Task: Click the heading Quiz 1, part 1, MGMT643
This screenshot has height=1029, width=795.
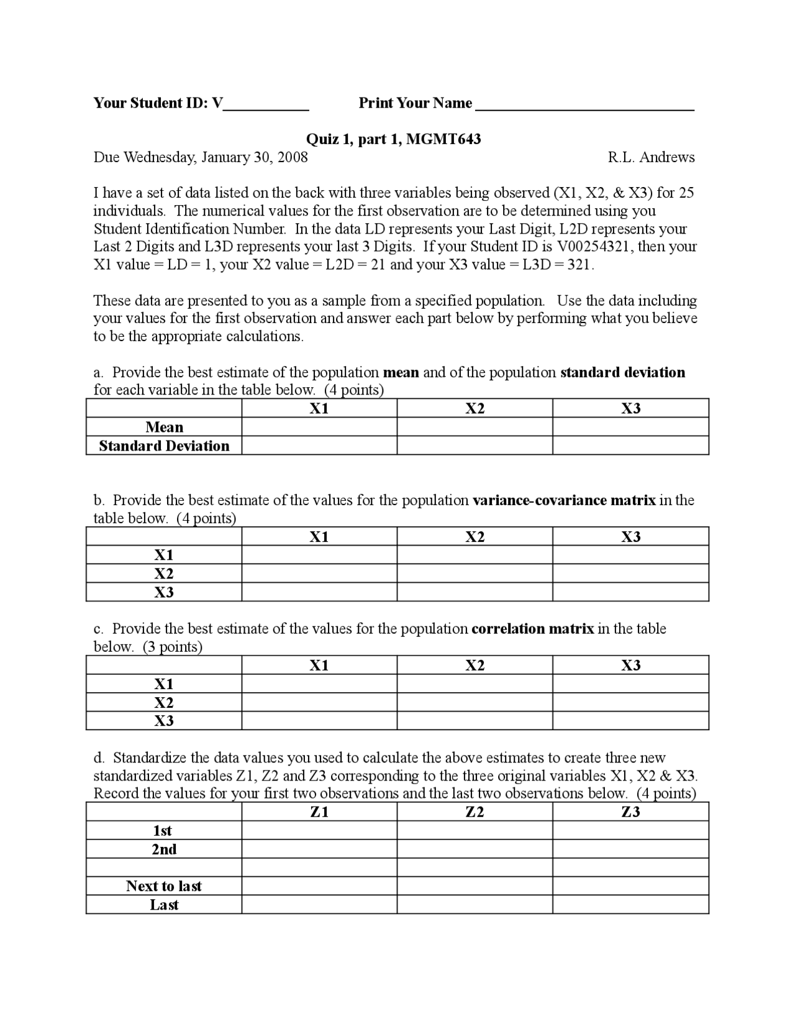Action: [x=394, y=139]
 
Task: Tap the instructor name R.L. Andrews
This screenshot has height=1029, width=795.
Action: [x=651, y=157]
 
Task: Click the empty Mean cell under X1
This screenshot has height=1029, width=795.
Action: [x=319, y=427]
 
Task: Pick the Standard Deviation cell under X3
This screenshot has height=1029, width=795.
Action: [x=630, y=446]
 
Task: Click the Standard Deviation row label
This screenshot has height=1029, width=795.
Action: [x=164, y=446]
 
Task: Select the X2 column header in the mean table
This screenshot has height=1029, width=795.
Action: [x=475, y=408]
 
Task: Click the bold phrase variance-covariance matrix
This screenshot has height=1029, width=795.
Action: [x=564, y=500]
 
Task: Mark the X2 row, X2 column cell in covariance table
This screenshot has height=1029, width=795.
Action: [x=475, y=574]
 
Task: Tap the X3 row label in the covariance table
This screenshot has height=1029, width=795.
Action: [x=164, y=592]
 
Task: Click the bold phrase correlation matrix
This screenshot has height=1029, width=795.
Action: [x=532, y=629]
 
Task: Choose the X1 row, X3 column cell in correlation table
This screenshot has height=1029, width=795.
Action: [x=630, y=684]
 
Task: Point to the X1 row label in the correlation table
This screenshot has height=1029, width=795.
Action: [x=164, y=684]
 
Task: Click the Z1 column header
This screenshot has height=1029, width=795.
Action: [x=319, y=812]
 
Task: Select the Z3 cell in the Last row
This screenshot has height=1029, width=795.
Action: [x=630, y=905]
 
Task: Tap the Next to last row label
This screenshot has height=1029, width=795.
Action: [x=164, y=886]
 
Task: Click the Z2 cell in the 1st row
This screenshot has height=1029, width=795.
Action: [x=475, y=831]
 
